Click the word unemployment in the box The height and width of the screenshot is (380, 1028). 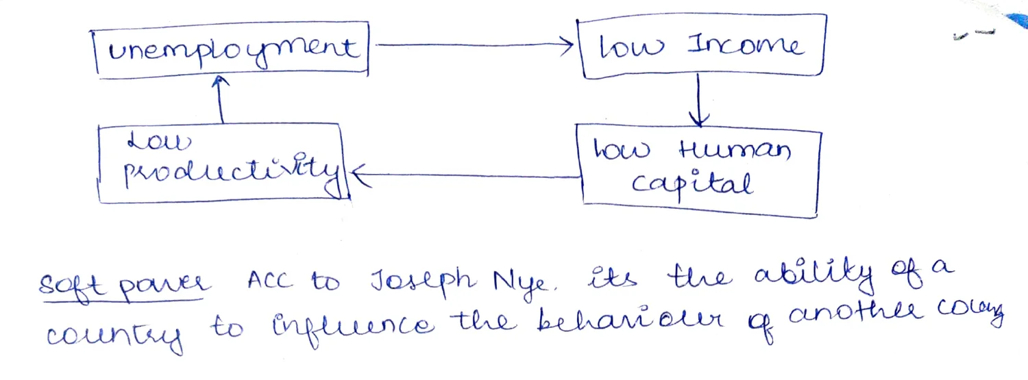233,49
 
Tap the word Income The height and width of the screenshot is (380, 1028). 746,45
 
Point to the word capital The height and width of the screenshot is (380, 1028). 692,183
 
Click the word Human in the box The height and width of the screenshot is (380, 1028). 735,150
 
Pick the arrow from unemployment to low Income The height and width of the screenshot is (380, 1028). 474,45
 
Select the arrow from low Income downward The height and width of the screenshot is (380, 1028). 698,100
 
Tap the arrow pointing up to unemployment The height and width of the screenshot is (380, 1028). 220,99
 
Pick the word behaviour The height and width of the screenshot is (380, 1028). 630,320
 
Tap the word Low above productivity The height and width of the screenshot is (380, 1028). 159,141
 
